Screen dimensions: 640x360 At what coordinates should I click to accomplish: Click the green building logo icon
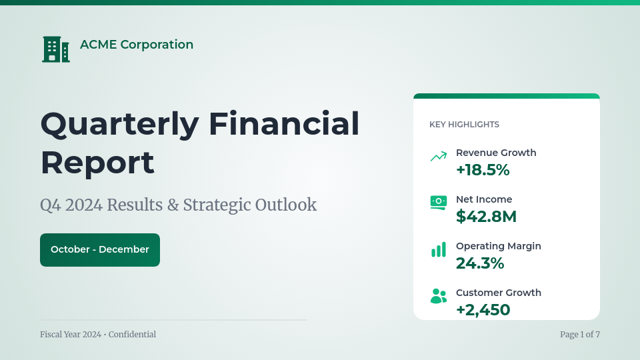pos(56,49)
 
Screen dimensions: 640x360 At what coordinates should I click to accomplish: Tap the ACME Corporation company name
pos(137,45)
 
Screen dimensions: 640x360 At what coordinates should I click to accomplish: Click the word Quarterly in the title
pos(120,125)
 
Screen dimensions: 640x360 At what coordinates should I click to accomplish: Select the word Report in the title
pos(97,163)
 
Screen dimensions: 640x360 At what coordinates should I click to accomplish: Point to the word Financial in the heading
pos(284,123)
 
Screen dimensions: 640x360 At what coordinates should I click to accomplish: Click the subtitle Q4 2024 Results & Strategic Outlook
pos(179,205)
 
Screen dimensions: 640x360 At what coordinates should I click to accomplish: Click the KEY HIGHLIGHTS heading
pos(464,125)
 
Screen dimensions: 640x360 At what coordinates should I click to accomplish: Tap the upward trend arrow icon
pos(439,156)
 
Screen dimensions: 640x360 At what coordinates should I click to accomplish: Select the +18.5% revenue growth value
pos(483,170)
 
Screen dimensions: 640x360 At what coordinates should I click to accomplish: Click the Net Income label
pos(484,199)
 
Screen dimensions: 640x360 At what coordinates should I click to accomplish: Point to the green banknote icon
pos(439,203)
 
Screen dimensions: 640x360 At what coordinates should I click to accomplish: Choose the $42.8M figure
pos(486,216)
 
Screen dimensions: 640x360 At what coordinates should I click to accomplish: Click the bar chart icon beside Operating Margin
pos(439,249)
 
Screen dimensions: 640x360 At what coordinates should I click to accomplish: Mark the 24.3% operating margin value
pos(480,263)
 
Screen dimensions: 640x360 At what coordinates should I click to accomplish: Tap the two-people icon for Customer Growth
pos(439,296)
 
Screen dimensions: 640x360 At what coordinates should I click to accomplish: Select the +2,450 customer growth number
pos(483,310)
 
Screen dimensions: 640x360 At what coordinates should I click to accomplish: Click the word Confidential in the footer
pos(132,334)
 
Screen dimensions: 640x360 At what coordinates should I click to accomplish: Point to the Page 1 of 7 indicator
pos(580,334)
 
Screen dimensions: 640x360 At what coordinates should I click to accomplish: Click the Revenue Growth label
pos(496,153)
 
